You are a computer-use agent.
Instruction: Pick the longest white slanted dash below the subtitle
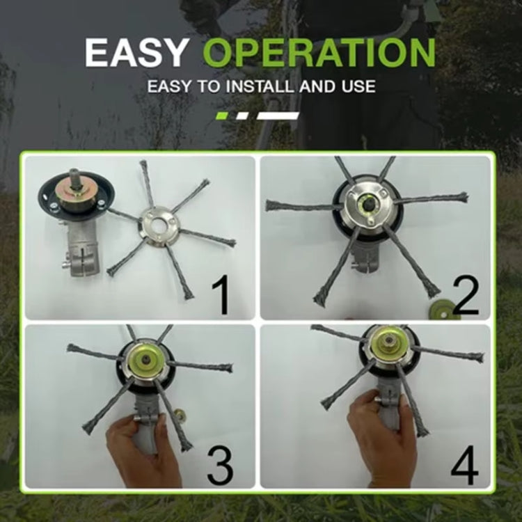tap(278, 116)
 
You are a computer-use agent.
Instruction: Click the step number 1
tap(221, 294)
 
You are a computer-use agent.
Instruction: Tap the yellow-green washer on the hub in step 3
tap(149, 361)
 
